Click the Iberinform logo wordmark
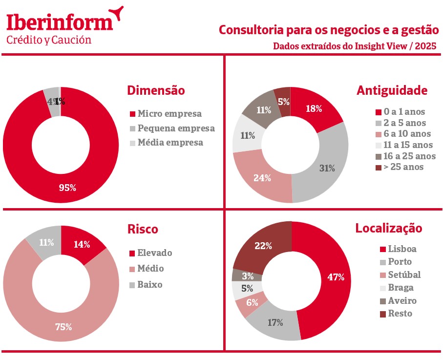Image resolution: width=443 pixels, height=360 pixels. tap(60, 23)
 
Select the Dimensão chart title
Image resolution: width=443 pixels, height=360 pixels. tap(156, 90)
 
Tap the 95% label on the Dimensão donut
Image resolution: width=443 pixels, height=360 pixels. tap(67, 187)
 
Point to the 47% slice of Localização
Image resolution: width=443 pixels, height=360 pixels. tap(336, 277)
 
